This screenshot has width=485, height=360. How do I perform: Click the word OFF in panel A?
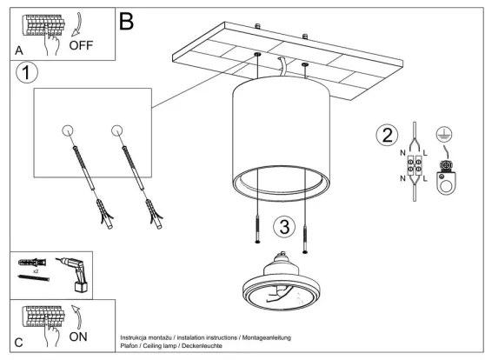(x=81, y=45)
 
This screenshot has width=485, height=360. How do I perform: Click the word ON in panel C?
(x=78, y=337)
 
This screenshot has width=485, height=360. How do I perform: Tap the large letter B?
(x=127, y=21)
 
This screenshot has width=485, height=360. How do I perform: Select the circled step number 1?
(x=27, y=73)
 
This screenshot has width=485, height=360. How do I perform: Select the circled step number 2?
(x=387, y=135)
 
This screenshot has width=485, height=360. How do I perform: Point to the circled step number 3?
(x=284, y=227)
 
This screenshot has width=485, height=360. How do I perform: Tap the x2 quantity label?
(x=36, y=271)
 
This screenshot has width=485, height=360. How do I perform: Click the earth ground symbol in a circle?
(x=444, y=134)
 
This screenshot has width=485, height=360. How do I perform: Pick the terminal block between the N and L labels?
(x=415, y=166)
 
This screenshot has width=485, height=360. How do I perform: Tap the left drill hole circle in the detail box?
(x=68, y=130)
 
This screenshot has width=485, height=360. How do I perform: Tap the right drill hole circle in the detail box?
(x=117, y=130)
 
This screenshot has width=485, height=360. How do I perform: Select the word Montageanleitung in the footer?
(x=266, y=337)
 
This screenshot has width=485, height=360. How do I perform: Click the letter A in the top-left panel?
(x=19, y=50)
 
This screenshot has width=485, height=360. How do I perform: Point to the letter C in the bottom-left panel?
(x=18, y=343)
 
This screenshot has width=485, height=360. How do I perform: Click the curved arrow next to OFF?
(x=77, y=24)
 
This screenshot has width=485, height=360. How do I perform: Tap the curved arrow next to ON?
(x=77, y=317)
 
